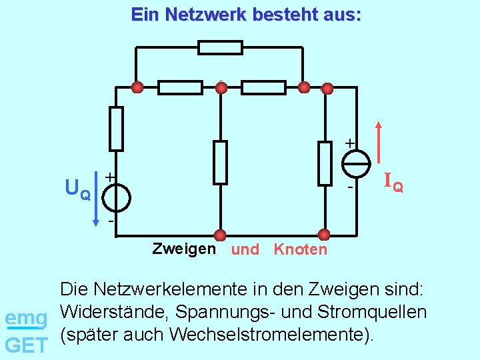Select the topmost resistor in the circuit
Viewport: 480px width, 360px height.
click(x=220, y=47)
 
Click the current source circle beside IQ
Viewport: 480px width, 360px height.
click(x=357, y=162)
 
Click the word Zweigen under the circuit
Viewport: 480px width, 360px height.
click(x=184, y=249)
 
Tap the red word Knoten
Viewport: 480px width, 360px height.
click(x=301, y=250)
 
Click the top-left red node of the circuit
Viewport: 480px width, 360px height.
click(x=137, y=87)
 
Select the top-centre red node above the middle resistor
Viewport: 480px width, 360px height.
click(x=221, y=87)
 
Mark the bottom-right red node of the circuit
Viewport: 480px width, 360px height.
click(x=324, y=235)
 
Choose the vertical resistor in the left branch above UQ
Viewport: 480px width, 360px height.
click(x=117, y=129)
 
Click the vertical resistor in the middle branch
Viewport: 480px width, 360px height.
click(x=220, y=163)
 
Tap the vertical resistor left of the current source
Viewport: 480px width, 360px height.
click(x=325, y=163)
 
